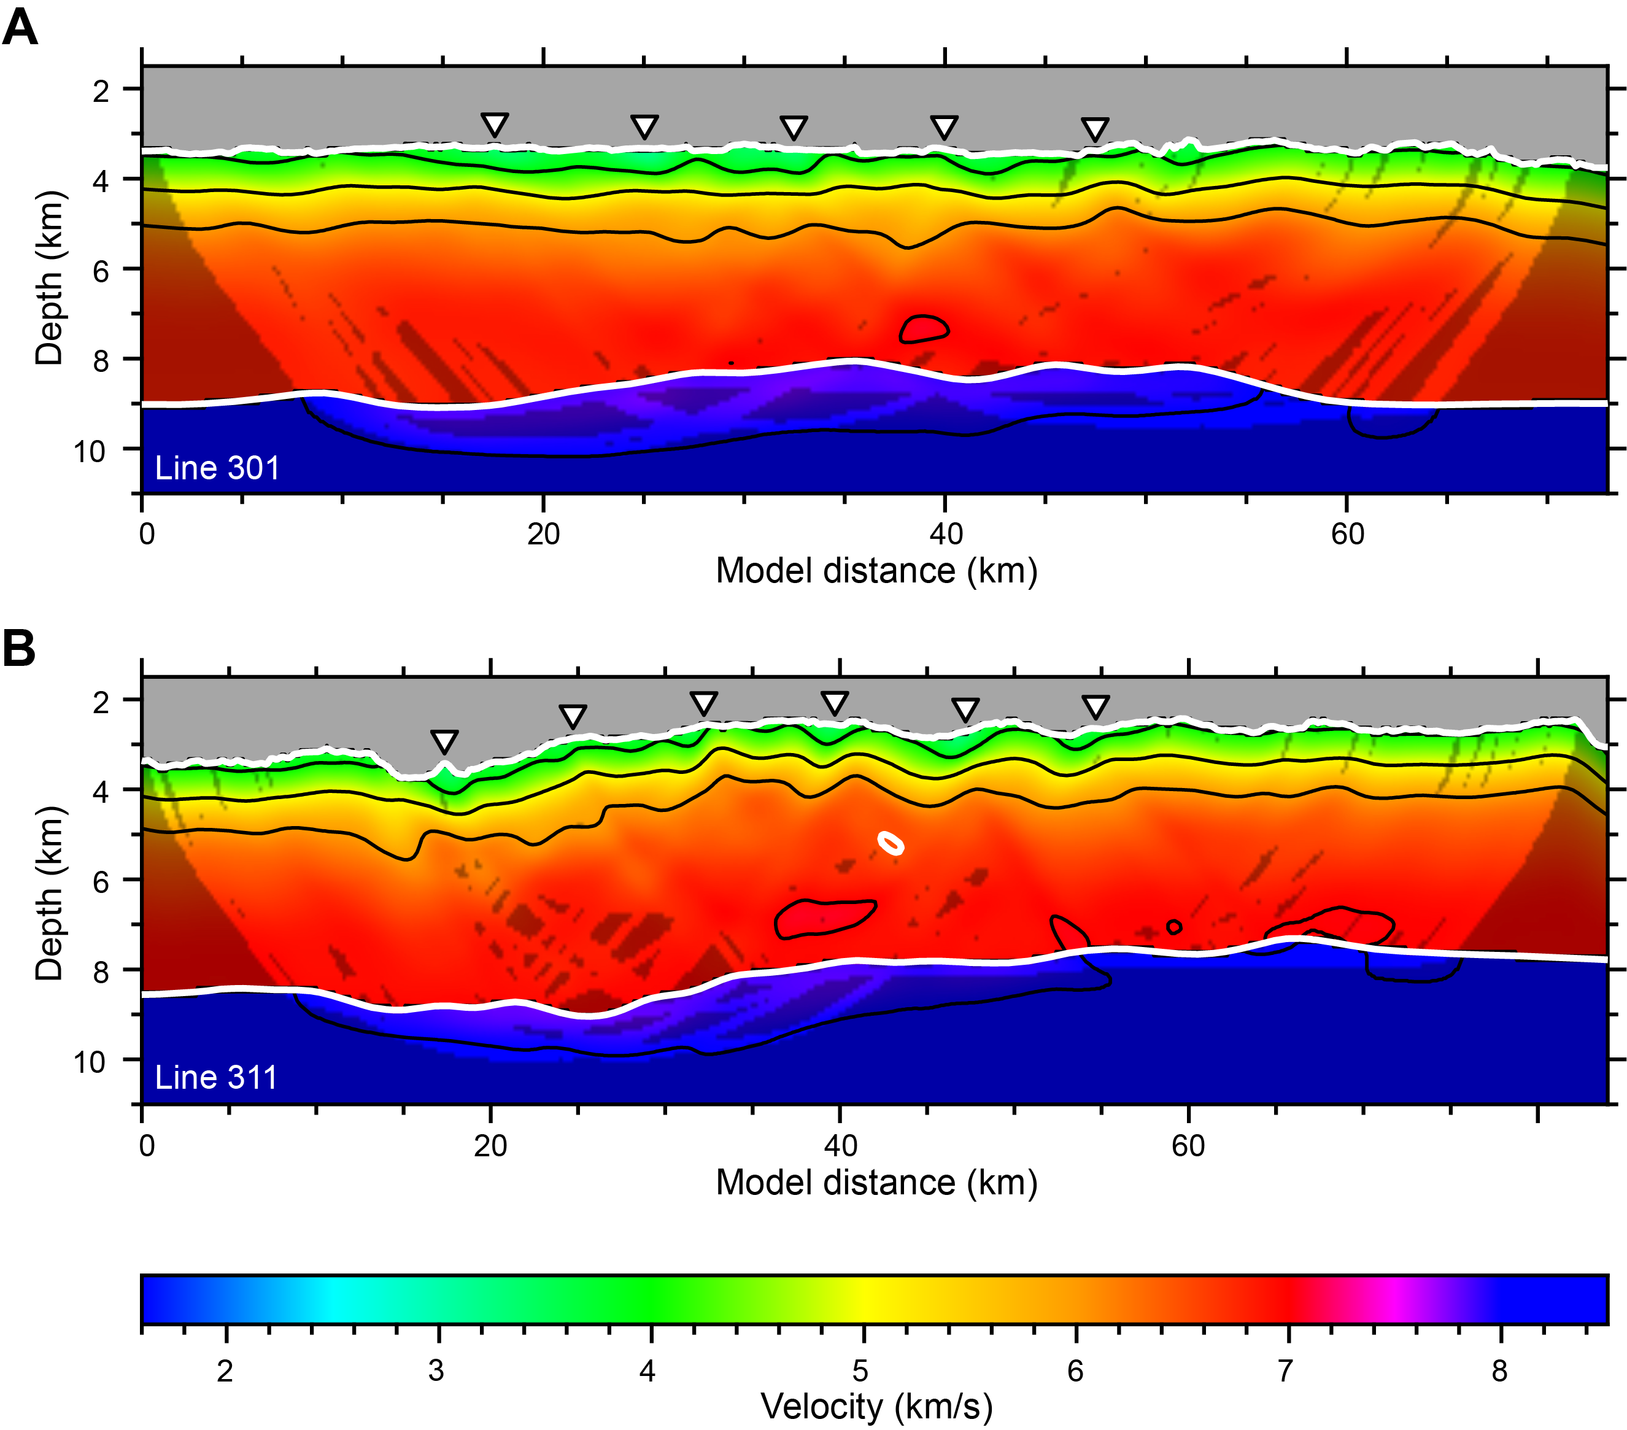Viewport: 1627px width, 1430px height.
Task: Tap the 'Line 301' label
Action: point(217,468)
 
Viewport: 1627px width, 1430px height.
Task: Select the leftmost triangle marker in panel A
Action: point(494,124)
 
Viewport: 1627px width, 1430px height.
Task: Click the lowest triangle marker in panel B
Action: point(444,741)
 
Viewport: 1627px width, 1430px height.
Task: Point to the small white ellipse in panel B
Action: point(891,843)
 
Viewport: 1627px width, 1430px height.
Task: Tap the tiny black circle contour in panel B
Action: point(1174,927)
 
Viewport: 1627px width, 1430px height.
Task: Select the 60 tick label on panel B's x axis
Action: point(1188,1146)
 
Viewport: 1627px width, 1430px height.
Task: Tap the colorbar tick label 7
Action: point(1286,1371)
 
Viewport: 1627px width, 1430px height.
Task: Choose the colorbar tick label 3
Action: point(436,1371)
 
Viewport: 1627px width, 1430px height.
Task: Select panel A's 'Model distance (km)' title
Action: point(876,571)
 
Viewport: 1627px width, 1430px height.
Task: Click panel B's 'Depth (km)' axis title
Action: point(48,892)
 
